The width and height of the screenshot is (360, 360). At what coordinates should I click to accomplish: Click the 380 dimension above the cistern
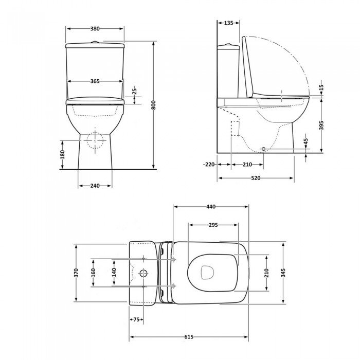(x=95, y=29)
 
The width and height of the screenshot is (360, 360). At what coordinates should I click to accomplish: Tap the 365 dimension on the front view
(x=95, y=81)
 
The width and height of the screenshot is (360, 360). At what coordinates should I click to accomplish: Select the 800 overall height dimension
(x=154, y=105)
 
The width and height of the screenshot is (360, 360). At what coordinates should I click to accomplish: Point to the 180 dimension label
(x=62, y=154)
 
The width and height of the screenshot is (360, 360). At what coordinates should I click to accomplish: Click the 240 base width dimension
(x=95, y=186)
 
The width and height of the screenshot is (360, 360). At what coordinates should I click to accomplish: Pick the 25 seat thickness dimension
(x=135, y=91)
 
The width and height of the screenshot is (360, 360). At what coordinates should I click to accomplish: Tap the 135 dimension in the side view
(x=228, y=23)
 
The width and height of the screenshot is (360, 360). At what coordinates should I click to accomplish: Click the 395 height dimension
(x=321, y=125)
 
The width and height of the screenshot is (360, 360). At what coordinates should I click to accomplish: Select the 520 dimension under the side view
(x=256, y=178)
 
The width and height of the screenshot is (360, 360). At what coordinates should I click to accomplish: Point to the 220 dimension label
(x=209, y=165)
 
